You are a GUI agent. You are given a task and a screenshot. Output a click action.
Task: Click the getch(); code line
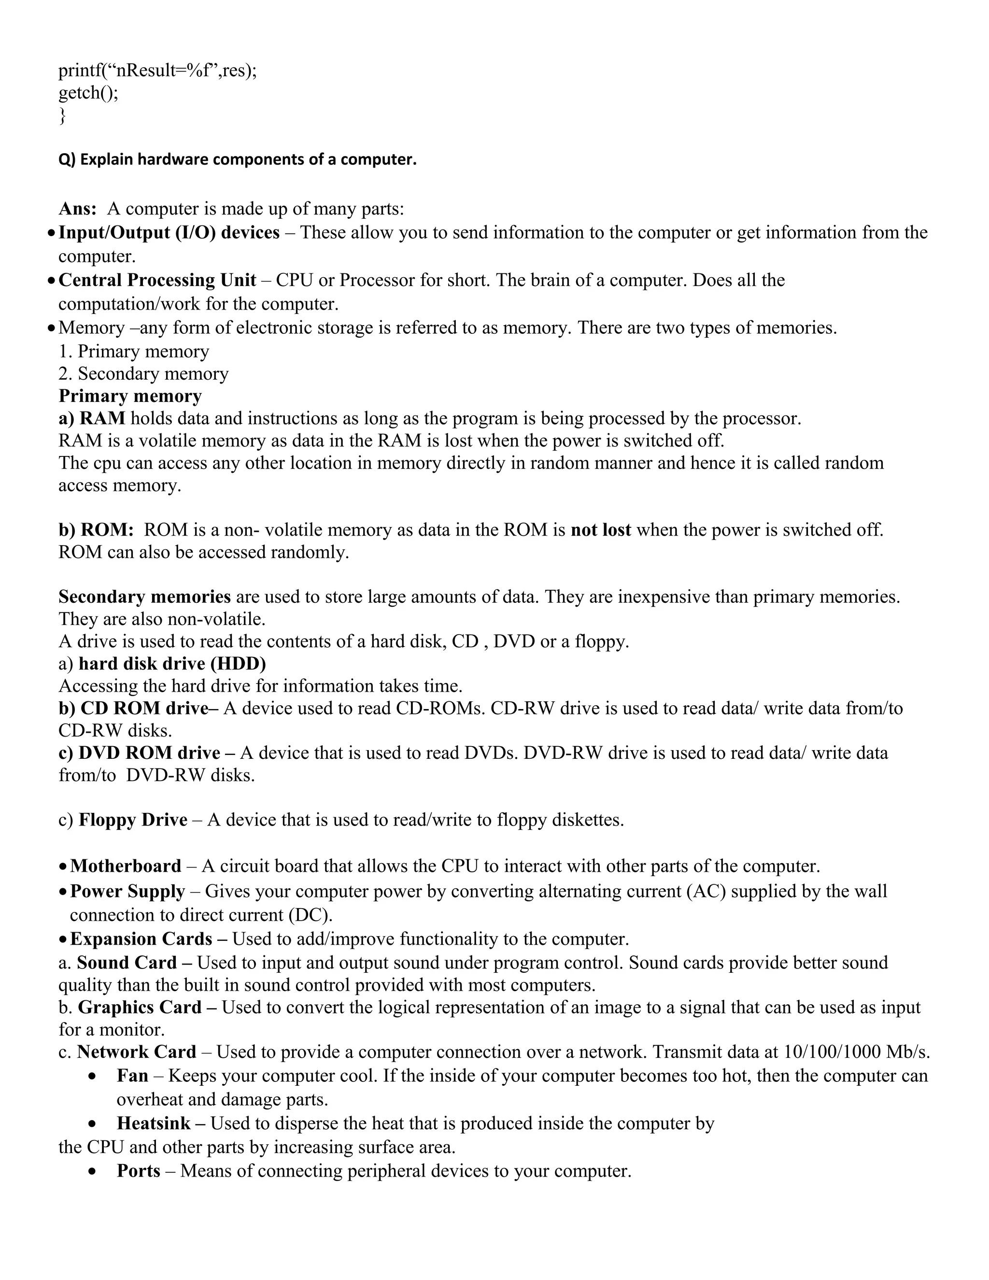pyautogui.click(x=88, y=93)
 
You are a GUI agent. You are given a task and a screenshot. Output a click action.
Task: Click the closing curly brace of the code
pyautogui.click(x=62, y=116)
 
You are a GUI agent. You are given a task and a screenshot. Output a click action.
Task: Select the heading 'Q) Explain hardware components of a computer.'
pyautogui.click(x=237, y=159)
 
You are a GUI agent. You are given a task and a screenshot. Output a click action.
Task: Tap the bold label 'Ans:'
pyautogui.click(x=77, y=209)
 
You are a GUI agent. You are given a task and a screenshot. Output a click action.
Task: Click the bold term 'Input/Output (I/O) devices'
pyautogui.click(x=169, y=233)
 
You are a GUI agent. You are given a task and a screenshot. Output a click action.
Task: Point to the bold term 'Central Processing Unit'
pyautogui.click(x=157, y=280)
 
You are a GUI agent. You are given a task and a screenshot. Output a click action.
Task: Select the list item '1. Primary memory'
pyautogui.click(x=134, y=351)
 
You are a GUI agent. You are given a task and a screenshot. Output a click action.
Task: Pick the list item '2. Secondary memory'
pyautogui.click(x=143, y=373)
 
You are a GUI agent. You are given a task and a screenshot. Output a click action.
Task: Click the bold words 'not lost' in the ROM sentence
pyautogui.click(x=601, y=530)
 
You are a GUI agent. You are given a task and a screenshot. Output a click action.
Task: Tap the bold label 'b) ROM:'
pyautogui.click(x=96, y=530)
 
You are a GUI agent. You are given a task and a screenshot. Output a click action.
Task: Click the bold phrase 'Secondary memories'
pyautogui.click(x=144, y=597)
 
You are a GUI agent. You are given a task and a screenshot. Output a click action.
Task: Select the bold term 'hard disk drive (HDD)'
pyautogui.click(x=172, y=664)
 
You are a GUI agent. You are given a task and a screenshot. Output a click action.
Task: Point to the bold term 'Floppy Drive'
pyautogui.click(x=133, y=819)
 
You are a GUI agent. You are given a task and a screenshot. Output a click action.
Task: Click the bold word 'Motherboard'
pyautogui.click(x=126, y=866)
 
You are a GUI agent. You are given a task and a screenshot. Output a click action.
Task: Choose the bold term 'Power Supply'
pyautogui.click(x=127, y=892)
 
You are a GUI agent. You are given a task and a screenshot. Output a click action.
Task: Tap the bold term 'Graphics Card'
pyautogui.click(x=140, y=1007)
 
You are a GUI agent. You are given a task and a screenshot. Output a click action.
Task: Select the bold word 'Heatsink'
pyautogui.click(x=154, y=1123)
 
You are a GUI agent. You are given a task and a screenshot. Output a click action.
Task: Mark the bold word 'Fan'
pyautogui.click(x=132, y=1076)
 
